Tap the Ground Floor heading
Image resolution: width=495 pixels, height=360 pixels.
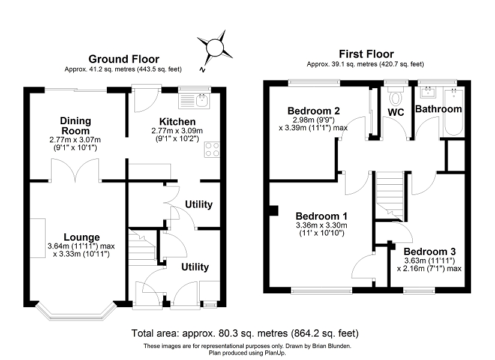point(124,59)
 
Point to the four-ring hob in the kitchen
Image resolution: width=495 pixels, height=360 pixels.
point(212,149)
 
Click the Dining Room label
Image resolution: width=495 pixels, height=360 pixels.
point(75,126)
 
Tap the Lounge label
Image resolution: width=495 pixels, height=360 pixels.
point(83,238)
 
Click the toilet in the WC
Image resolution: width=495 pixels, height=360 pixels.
point(395,97)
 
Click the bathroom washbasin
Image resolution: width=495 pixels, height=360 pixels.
point(428,92)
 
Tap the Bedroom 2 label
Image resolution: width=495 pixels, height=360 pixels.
point(314,111)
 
